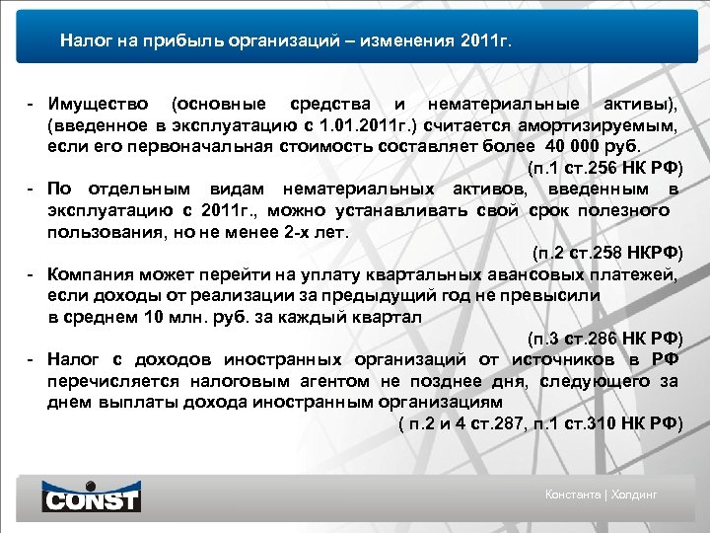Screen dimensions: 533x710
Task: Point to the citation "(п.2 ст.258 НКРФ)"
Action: pos(606,254)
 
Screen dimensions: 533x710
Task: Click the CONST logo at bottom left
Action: pos(91,496)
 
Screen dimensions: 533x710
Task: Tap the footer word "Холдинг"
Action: pos(634,495)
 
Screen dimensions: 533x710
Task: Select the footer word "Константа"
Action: pos(575,495)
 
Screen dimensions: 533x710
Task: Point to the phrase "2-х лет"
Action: pos(321,232)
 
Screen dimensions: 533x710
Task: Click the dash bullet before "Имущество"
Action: pos(33,104)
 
